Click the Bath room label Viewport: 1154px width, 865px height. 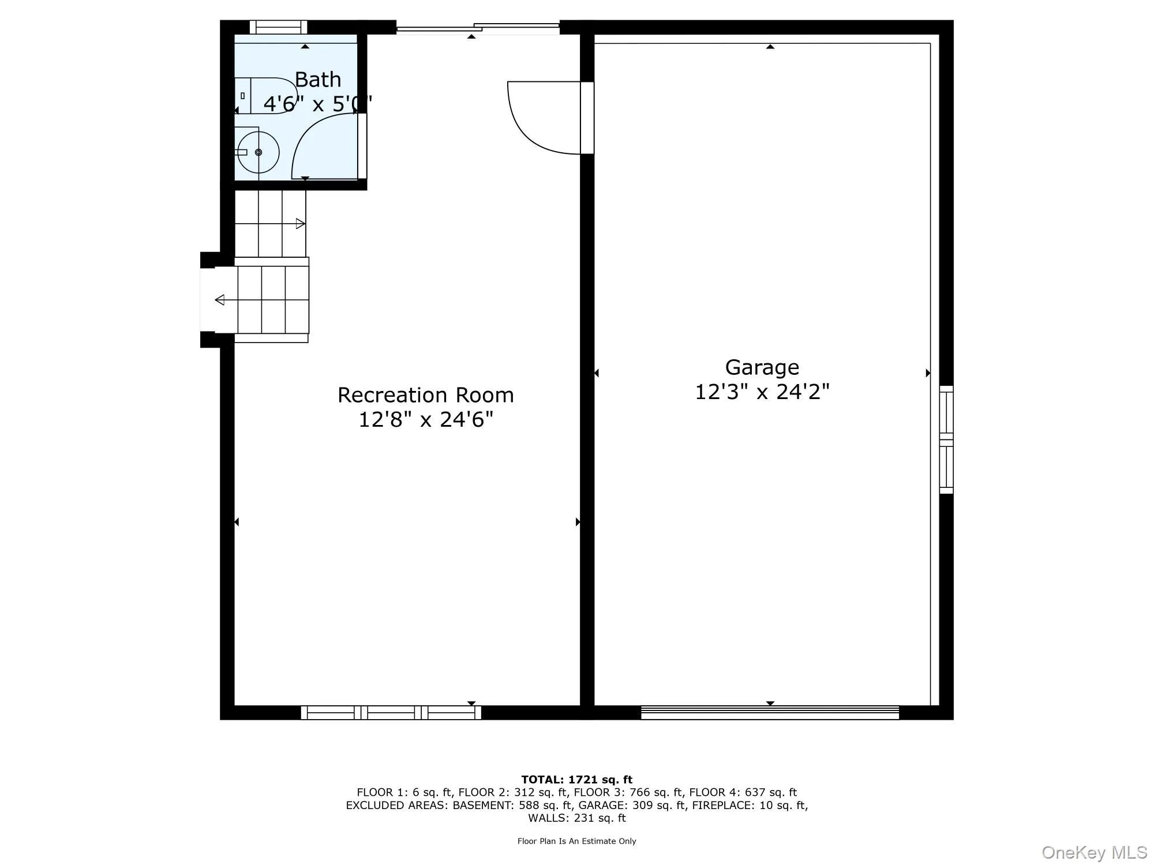318,80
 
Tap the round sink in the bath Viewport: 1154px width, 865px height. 258,152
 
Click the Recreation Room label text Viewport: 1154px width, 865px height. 425,395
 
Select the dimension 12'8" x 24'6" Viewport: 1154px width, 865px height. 426,420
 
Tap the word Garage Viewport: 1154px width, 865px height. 762,367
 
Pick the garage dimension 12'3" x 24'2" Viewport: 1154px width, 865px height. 762,392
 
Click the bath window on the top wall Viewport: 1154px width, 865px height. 278,27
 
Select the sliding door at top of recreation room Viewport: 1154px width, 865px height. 478,27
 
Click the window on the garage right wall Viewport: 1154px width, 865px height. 946,439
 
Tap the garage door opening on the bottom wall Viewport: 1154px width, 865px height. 770,713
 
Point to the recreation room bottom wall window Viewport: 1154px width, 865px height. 391,713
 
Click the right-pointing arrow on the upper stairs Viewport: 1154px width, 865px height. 300,224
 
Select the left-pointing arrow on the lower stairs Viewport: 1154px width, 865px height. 220,300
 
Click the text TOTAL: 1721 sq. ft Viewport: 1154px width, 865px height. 576,780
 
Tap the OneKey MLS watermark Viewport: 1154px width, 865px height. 1094,852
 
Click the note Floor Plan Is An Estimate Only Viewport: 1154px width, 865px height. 576,841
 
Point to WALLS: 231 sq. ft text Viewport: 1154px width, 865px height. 576,818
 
